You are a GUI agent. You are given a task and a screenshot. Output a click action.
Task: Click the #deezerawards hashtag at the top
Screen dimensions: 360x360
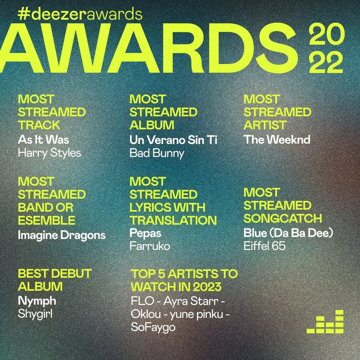(x=80, y=14)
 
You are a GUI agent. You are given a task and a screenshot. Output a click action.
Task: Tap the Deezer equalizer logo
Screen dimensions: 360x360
(x=325, y=321)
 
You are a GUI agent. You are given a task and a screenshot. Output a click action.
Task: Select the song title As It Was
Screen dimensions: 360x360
(x=43, y=140)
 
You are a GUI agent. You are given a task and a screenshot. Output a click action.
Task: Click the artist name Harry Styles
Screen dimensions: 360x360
(x=49, y=153)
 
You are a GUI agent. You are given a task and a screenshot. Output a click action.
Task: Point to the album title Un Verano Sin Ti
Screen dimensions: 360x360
(x=173, y=140)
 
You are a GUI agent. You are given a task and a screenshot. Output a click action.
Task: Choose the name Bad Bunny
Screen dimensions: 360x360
(x=157, y=154)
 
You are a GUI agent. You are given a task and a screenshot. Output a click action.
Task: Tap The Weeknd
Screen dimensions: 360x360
(x=277, y=139)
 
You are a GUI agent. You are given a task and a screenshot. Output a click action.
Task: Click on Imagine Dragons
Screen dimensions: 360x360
(x=62, y=236)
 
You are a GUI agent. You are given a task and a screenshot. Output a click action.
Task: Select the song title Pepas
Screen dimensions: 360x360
(x=146, y=233)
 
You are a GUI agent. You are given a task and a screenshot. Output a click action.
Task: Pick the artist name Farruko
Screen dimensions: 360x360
(x=150, y=246)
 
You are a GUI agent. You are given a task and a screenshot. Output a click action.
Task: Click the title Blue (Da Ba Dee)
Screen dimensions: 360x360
(x=288, y=233)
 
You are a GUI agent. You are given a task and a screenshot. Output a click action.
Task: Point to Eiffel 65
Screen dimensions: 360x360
(x=265, y=246)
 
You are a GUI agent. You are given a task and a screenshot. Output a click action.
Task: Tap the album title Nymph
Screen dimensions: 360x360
(x=37, y=301)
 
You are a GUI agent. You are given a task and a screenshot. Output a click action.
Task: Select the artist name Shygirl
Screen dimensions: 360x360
(x=35, y=314)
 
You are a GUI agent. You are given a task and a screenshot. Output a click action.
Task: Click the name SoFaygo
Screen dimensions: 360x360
(x=153, y=327)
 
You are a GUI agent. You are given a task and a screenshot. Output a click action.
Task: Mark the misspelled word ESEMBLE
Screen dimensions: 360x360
(x=47, y=220)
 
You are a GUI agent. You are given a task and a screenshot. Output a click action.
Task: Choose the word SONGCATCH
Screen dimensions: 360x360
(x=283, y=218)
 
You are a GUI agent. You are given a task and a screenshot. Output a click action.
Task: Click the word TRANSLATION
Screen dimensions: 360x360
(x=173, y=220)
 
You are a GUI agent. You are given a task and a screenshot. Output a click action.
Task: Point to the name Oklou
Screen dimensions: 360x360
(x=146, y=314)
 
